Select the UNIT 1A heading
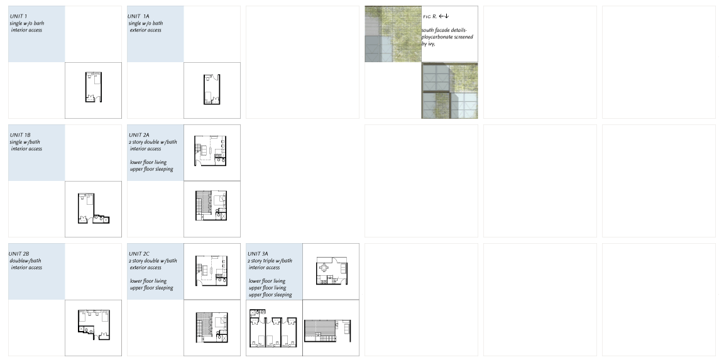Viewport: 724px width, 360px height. click(138, 16)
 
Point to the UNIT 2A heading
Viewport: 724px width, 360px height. click(139, 135)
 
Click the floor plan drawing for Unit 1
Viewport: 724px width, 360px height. click(93, 87)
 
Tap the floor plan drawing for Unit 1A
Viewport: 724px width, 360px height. click(212, 90)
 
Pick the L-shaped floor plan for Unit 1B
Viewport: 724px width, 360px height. click(93, 208)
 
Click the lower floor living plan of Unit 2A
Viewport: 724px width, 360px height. click(211, 150)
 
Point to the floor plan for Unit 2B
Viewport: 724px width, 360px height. click(94, 324)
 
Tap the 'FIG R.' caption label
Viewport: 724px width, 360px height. click(430, 16)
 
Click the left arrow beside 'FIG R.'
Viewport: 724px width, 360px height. click(441, 16)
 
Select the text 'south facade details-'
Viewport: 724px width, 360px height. click(444, 30)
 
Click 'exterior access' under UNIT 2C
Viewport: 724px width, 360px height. click(146, 268)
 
